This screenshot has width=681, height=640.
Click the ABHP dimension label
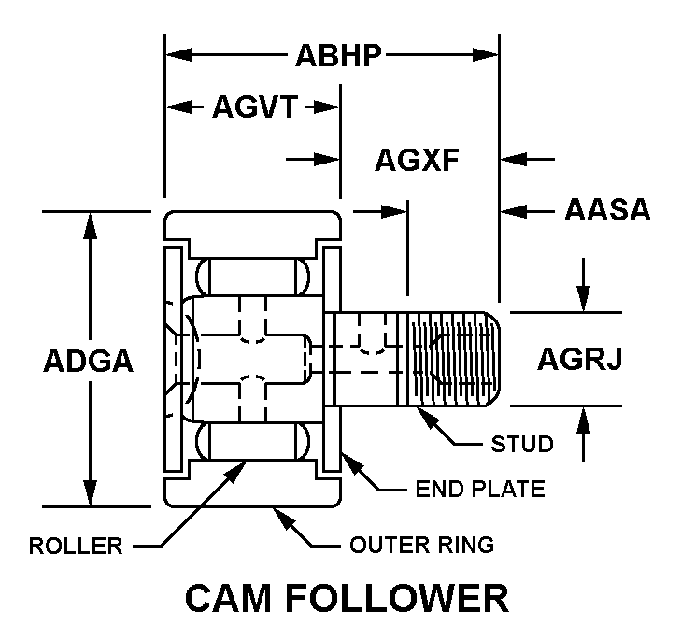(338, 56)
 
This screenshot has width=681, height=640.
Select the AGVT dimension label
(254, 108)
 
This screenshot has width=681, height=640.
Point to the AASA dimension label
(607, 209)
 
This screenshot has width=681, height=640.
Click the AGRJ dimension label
(579, 359)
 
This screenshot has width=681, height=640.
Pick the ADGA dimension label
(90, 362)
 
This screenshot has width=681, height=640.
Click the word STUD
(522, 443)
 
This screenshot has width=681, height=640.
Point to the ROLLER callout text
(76, 546)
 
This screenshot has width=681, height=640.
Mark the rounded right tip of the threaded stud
(503, 360)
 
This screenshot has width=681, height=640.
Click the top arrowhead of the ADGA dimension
(91, 220)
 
